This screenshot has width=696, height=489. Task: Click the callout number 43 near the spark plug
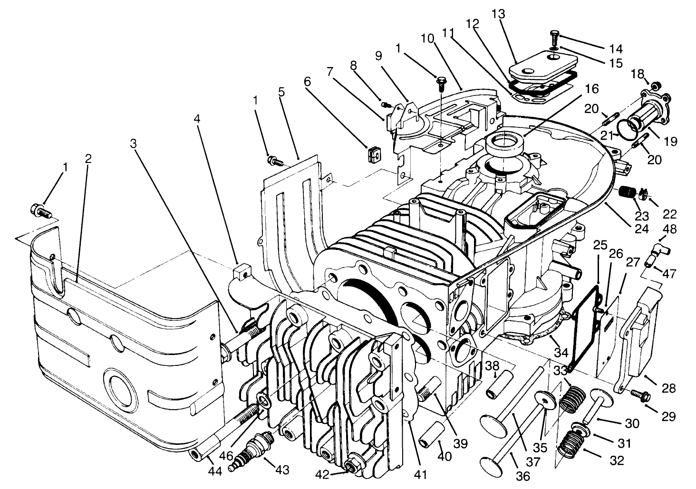coord(282,470)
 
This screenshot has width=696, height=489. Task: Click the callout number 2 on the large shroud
coord(88,159)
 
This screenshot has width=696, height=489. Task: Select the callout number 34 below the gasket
coord(561,353)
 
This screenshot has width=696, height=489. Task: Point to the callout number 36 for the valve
coord(522,475)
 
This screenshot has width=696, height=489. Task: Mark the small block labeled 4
coord(242,273)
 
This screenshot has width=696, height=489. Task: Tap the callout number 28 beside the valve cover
coord(668,388)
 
